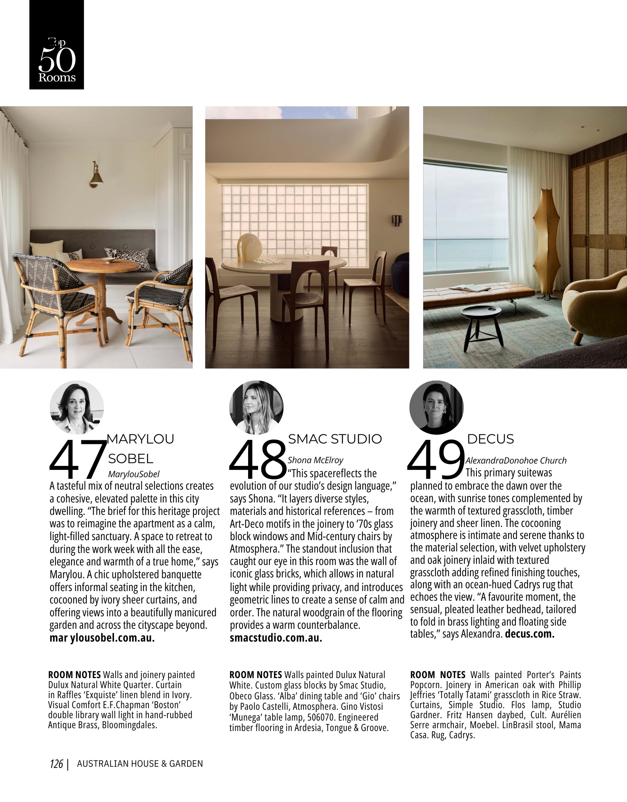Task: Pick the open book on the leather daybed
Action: [x=470, y=288]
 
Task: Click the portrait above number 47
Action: [x=77, y=407]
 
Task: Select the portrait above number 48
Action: [x=256, y=407]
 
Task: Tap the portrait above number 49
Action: [x=436, y=407]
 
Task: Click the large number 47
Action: [x=77, y=460]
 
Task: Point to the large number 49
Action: [x=435, y=460]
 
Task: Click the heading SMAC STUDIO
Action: [x=335, y=439]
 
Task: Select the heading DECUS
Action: [x=490, y=439]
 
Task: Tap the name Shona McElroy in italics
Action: [x=315, y=460]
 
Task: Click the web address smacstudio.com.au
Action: [x=276, y=638]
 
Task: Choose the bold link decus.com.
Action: [x=529, y=634]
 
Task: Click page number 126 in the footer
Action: [x=57, y=764]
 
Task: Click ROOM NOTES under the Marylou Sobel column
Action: [x=74, y=675]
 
